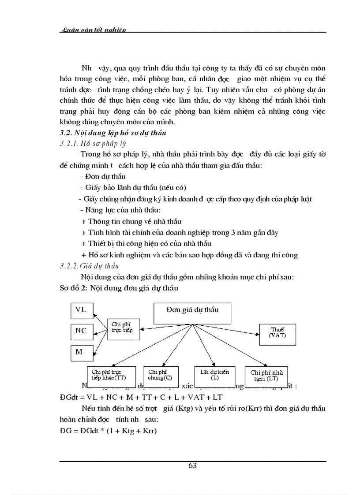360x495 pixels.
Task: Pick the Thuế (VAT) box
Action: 277,333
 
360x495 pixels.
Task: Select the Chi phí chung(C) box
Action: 161,375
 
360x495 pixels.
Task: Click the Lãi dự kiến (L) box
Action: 214,375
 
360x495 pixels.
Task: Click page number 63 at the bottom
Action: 192,466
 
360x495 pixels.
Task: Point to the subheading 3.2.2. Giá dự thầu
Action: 89,266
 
